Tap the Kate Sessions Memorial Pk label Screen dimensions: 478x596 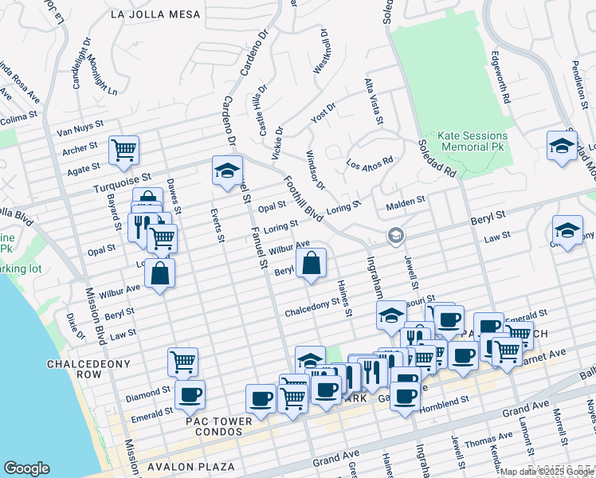point(471,142)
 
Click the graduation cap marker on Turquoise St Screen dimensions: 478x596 point(227,170)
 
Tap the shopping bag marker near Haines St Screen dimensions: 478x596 point(312,264)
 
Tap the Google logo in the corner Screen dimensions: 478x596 point(26,468)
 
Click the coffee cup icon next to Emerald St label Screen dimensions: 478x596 point(190,394)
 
